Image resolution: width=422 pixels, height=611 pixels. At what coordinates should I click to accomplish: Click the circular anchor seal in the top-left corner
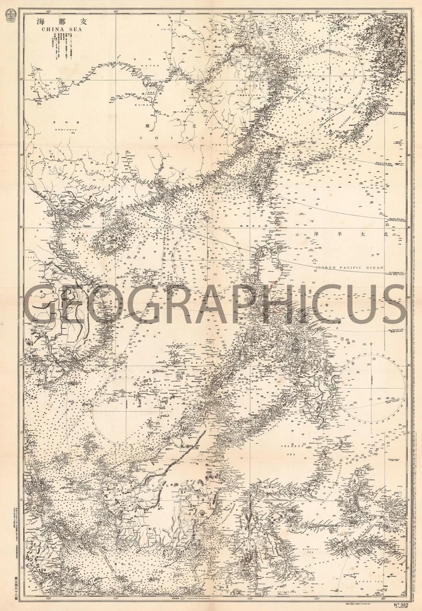tap(9, 18)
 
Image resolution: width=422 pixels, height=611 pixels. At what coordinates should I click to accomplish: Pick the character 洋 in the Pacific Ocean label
tap(316, 235)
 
